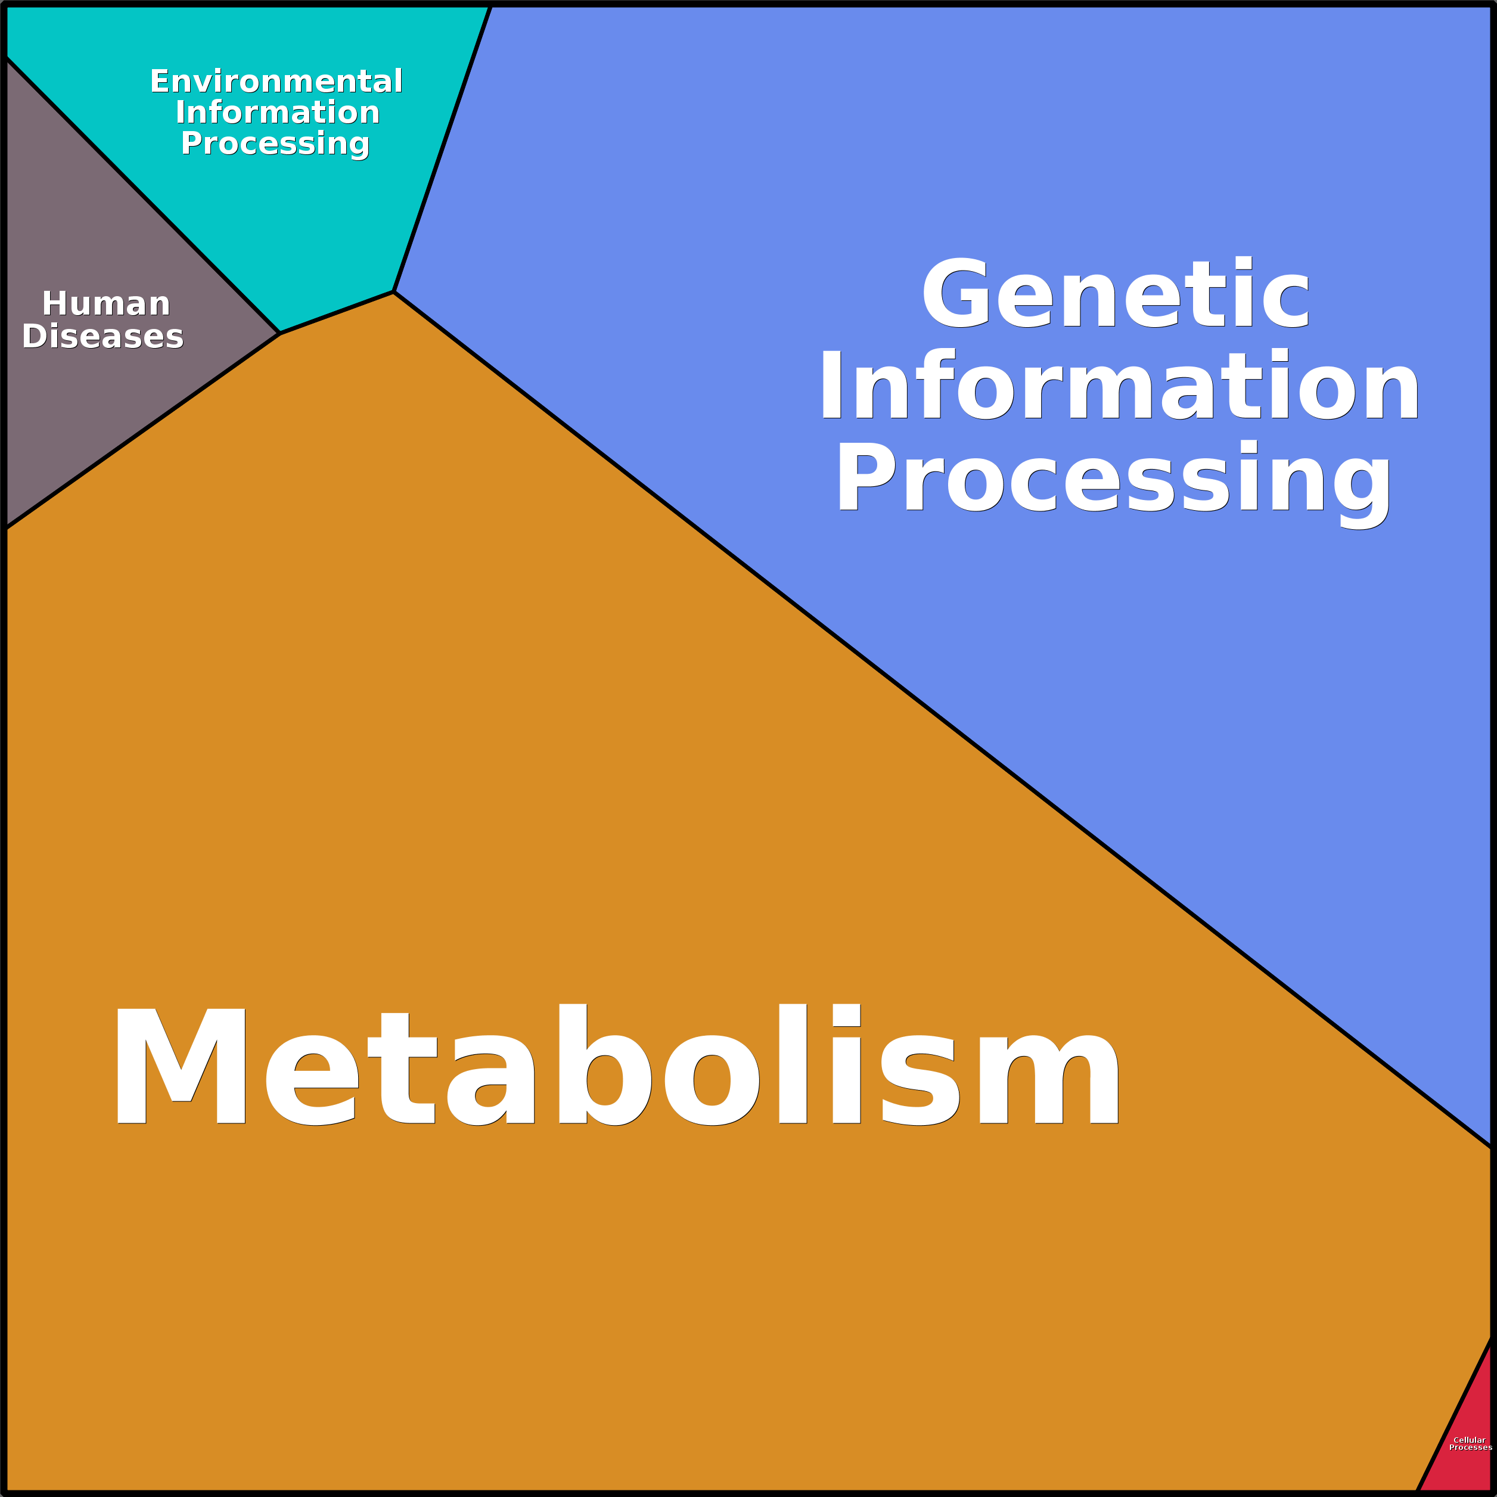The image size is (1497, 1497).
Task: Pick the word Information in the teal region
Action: tap(277, 113)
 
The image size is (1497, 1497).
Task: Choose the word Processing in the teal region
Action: tap(275, 144)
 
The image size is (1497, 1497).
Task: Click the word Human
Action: tap(106, 304)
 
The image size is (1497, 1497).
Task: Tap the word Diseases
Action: tap(103, 336)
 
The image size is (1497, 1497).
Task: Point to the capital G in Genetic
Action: tap(955, 293)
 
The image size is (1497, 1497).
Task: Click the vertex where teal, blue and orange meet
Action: tap(394, 292)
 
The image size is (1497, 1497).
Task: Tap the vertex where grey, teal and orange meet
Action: tap(279, 333)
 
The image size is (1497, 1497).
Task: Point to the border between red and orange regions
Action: tap(1453, 1417)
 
